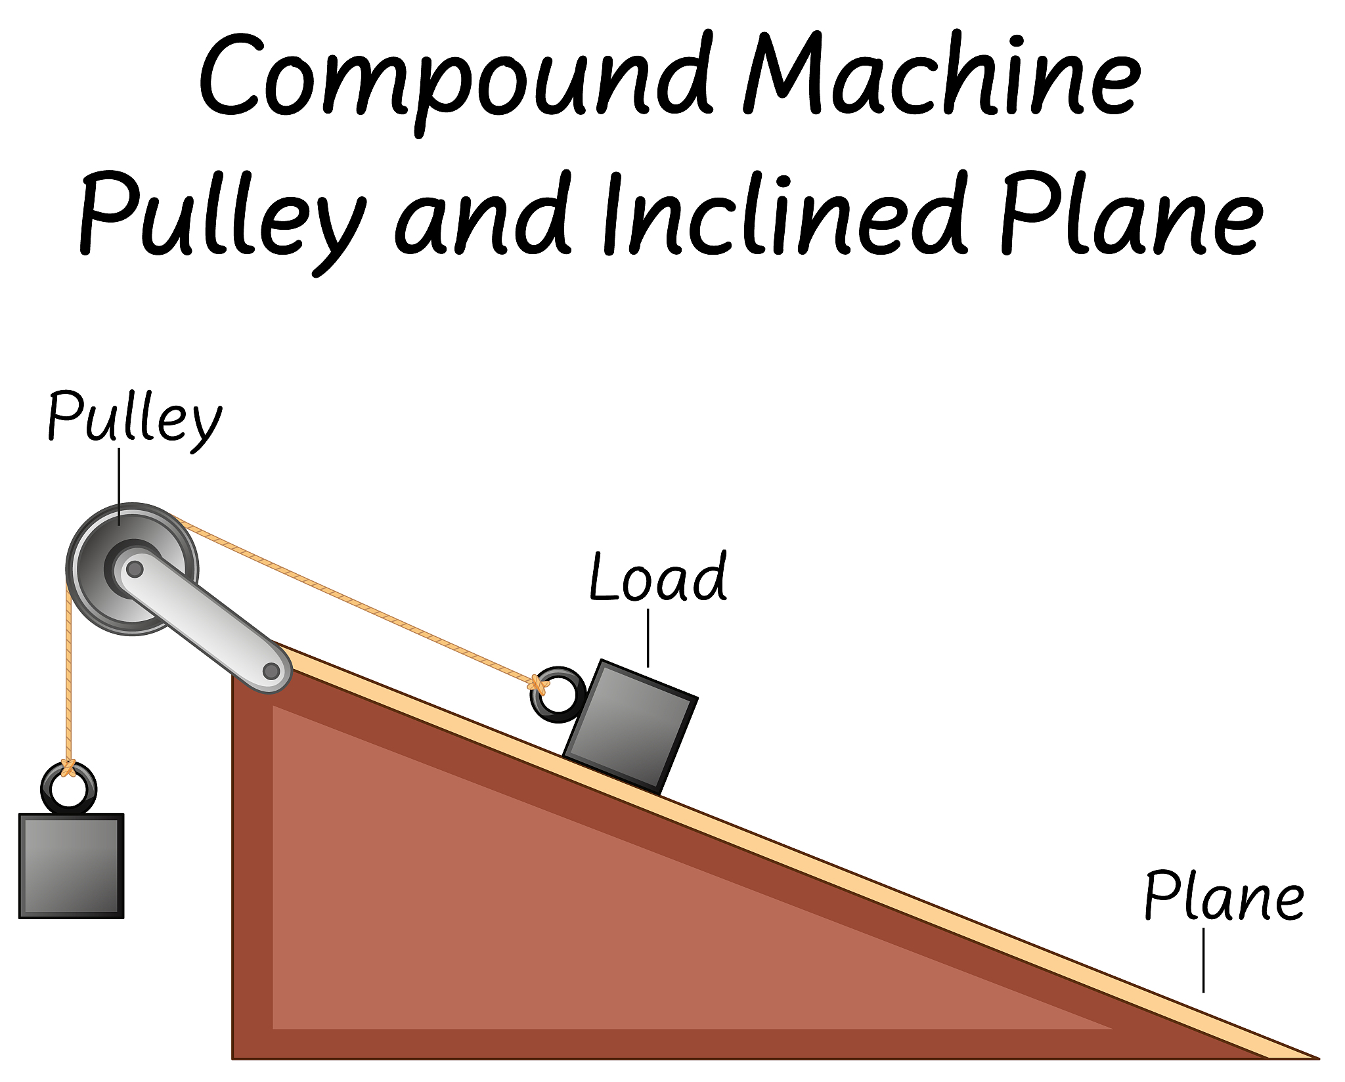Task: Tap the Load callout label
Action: pyautogui.click(x=658, y=577)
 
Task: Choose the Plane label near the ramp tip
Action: pyautogui.click(x=1224, y=896)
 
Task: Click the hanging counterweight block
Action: pyautogui.click(x=72, y=865)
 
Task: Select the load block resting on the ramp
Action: pyautogui.click(x=630, y=727)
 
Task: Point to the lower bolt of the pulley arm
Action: pyautogui.click(x=271, y=671)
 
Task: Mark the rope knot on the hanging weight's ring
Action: pyautogui.click(x=68, y=768)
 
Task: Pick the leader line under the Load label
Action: pyautogui.click(x=648, y=638)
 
